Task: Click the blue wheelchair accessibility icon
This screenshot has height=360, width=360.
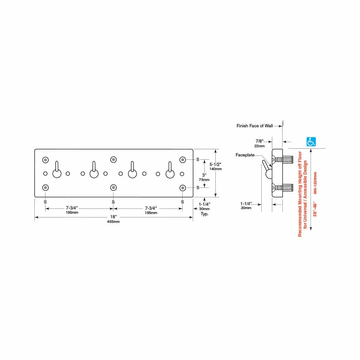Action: (311, 142)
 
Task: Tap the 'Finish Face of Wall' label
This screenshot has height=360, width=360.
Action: (255, 126)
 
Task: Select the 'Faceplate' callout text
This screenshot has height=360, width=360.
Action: (245, 155)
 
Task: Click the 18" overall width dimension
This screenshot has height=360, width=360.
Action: (114, 217)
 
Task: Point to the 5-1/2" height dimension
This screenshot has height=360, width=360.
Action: (215, 164)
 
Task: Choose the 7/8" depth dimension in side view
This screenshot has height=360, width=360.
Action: (260, 141)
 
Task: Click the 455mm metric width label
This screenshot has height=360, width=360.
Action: (114, 222)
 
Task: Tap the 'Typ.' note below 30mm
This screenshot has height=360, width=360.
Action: (205, 214)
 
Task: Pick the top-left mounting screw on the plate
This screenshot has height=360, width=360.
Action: (45, 160)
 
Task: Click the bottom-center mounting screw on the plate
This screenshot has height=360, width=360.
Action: (114, 188)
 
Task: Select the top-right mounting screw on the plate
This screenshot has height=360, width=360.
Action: (183, 160)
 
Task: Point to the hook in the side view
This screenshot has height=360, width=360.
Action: (267, 170)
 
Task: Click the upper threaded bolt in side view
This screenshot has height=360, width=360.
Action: (283, 159)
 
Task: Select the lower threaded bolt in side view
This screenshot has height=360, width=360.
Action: (283, 188)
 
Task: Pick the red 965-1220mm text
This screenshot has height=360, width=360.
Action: (315, 183)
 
